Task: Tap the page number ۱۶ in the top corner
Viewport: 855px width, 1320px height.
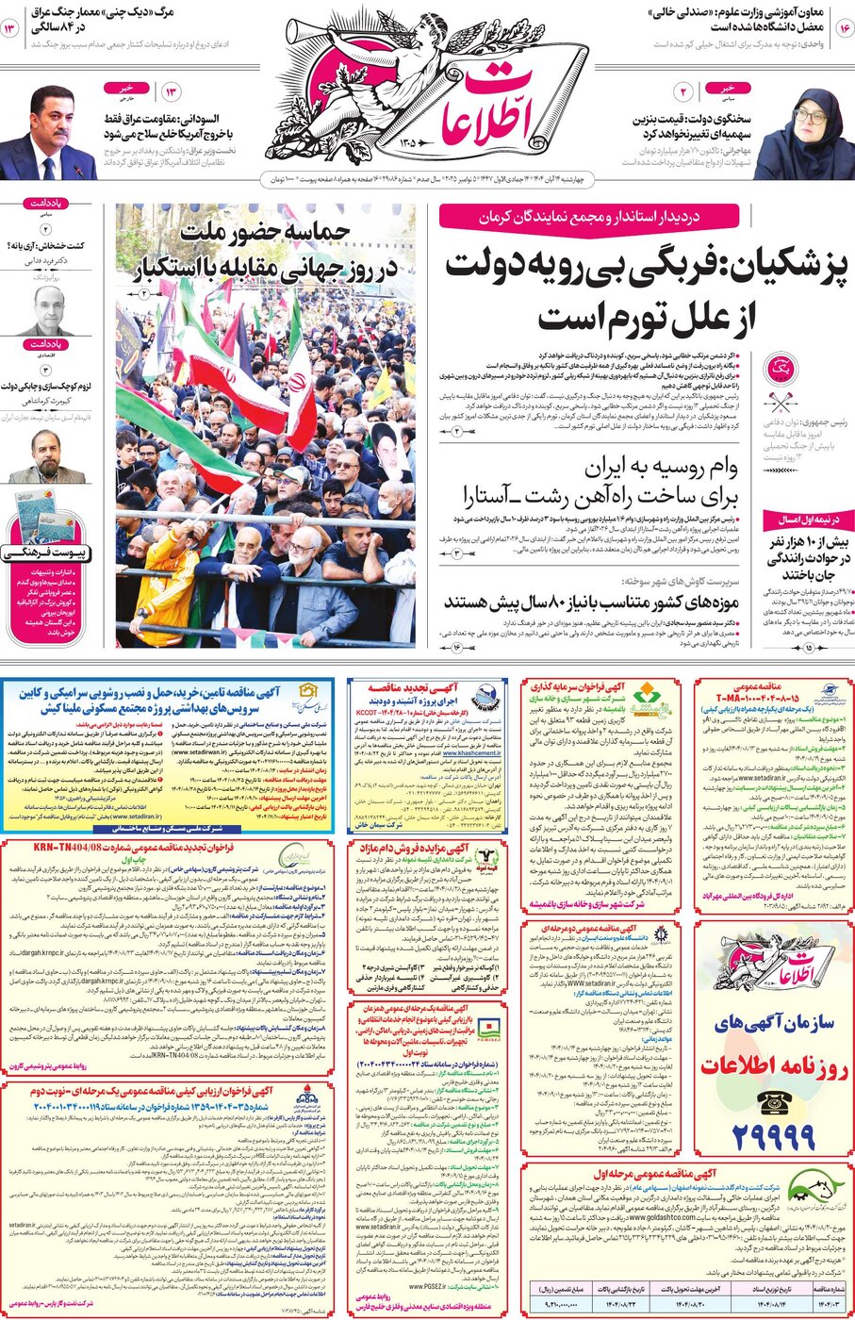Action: tap(843, 29)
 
